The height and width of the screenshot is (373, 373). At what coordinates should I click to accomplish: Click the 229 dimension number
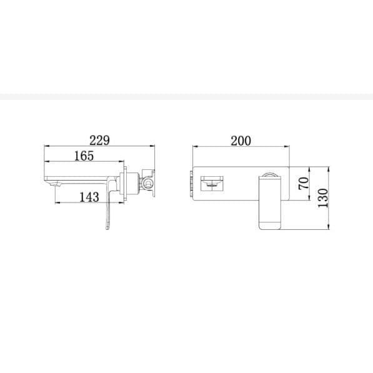(99, 141)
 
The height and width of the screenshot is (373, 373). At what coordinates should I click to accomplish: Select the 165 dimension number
(84, 156)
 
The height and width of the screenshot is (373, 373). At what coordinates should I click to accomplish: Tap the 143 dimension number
(89, 197)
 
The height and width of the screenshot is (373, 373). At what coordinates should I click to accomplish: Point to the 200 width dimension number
(241, 141)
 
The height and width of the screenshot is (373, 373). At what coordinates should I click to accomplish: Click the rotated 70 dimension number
(304, 183)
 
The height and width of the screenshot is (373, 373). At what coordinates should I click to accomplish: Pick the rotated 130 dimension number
(323, 198)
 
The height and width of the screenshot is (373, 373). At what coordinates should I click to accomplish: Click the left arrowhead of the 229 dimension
(47, 146)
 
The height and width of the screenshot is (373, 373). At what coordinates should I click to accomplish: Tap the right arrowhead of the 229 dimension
(152, 146)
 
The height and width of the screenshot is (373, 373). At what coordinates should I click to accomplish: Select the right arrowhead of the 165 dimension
(122, 162)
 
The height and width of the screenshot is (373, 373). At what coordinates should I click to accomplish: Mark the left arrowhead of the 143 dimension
(57, 203)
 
